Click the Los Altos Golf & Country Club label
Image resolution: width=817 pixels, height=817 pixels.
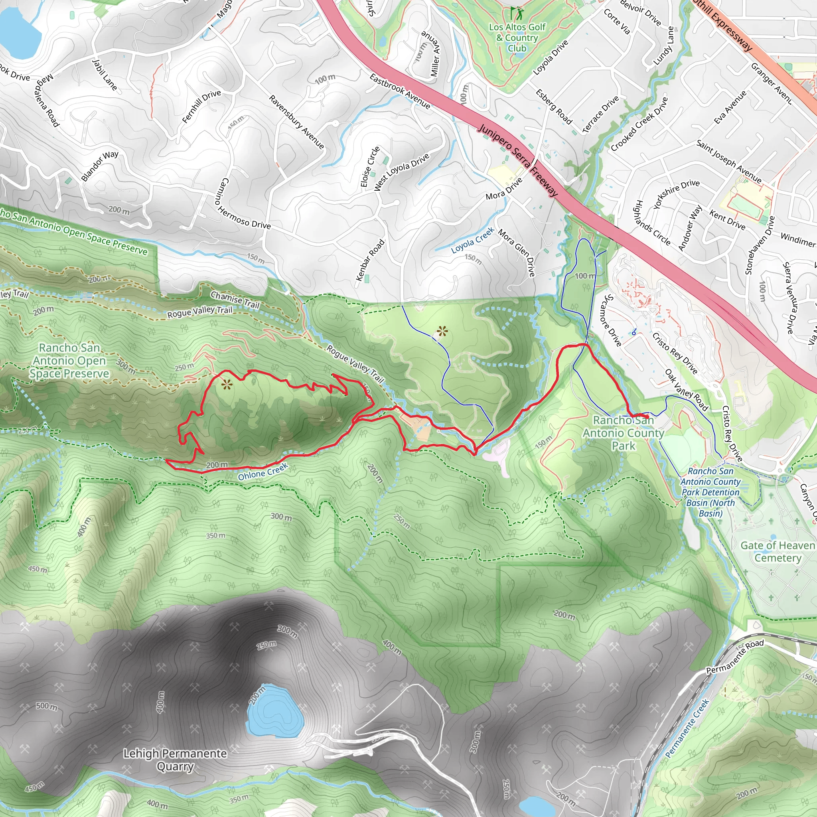pos(517,37)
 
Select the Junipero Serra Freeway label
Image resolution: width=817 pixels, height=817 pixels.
pos(518,160)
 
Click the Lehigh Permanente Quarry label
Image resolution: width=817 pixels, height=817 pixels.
pos(175,760)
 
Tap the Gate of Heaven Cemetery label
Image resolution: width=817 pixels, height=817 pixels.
pos(777,551)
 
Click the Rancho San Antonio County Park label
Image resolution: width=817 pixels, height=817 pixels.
pos(624,432)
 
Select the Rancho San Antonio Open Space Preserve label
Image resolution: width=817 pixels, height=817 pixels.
pos(69,361)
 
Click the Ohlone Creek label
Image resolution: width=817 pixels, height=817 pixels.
pos(262,472)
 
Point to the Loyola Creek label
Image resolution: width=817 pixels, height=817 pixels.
pos(472,240)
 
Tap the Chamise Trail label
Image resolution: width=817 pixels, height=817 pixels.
pos(235,300)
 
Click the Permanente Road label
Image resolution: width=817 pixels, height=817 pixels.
pos(735,656)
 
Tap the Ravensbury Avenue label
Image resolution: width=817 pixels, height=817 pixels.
pos(296,122)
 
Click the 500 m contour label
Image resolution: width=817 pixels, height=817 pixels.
pos(47,706)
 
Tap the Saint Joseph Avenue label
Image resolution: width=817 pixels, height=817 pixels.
pos(728,162)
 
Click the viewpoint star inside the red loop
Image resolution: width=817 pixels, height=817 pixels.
pos(227,385)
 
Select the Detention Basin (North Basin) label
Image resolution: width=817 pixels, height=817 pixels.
pos(710,492)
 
